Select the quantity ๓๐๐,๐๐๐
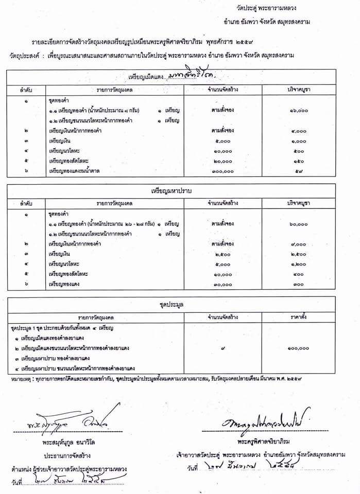point(222,171)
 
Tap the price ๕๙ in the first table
point(299,171)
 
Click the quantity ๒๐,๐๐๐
point(222,161)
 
